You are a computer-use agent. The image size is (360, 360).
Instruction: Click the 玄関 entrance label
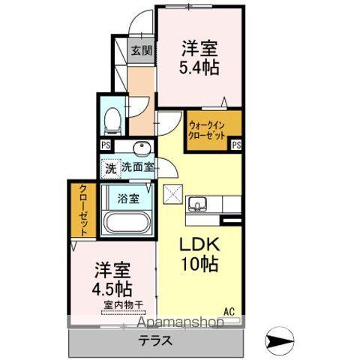tap(142, 51)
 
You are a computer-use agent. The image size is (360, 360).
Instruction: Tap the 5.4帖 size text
tap(199, 67)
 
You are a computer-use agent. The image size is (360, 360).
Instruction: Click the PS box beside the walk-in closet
tap(236, 145)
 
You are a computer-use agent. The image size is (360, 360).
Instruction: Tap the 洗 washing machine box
tap(110, 169)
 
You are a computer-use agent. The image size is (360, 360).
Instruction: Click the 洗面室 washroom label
tap(138, 169)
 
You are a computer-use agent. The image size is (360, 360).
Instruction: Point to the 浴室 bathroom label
tap(129, 199)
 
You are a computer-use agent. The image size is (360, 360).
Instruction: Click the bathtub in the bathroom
tap(127, 223)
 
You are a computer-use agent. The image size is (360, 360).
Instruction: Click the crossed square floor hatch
tap(172, 193)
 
